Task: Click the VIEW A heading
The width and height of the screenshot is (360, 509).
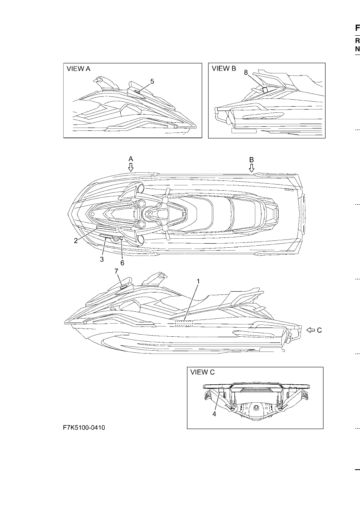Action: pyautogui.click(x=78, y=69)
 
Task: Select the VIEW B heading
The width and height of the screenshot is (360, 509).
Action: pyautogui.click(x=224, y=68)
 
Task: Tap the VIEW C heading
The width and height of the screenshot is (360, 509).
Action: pyautogui.click(x=202, y=372)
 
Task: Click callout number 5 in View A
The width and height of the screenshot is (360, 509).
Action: pyautogui.click(x=152, y=81)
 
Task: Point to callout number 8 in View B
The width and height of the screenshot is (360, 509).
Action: pyautogui.click(x=245, y=73)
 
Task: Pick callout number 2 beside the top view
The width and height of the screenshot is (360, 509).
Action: pyautogui.click(x=76, y=241)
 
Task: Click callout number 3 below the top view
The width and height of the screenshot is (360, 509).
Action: pyautogui.click(x=102, y=259)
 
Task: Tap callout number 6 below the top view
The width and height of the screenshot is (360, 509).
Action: pyautogui.click(x=122, y=263)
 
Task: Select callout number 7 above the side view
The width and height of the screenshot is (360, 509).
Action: pyautogui.click(x=116, y=271)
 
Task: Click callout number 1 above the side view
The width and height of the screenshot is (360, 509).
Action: pyautogui.click(x=198, y=281)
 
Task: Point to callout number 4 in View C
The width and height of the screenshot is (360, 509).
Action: pyautogui.click(x=214, y=414)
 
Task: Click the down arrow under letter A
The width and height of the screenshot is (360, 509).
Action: pyautogui.click(x=131, y=167)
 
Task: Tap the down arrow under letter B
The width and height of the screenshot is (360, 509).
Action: pyautogui.click(x=252, y=168)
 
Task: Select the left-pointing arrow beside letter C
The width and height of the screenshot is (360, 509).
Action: pyautogui.click(x=311, y=330)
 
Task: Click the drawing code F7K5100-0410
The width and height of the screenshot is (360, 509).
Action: pyautogui.click(x=84, y=428)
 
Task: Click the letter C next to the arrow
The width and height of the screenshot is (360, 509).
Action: pyautogui.click(x=319, y=330)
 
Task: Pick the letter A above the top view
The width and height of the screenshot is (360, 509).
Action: pyautogui.click(x=131, y=159)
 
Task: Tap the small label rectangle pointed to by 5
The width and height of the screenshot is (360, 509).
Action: pyautogui.click(x=137, y=91)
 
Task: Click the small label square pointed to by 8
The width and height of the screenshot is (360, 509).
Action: pyautogui.click(x=265, y=89)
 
